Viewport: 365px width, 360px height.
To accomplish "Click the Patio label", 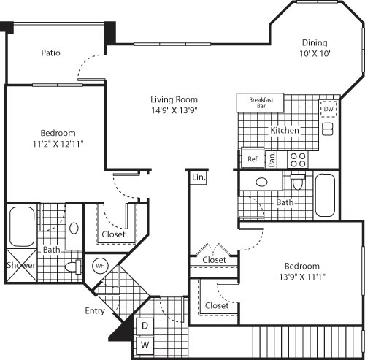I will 50,53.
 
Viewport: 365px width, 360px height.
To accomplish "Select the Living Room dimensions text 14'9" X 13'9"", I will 174,110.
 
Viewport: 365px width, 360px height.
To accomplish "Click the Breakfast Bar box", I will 261,102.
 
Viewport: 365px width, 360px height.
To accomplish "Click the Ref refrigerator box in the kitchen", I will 252,158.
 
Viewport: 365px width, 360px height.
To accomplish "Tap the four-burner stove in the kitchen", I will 298,158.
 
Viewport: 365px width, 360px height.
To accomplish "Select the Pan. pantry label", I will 271,159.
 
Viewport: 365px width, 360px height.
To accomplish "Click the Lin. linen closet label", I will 198,177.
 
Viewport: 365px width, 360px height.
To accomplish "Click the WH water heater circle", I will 100,266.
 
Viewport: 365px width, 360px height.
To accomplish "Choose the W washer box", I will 145,344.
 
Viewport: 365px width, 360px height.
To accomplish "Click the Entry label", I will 95,310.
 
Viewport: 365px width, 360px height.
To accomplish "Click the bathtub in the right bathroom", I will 326,195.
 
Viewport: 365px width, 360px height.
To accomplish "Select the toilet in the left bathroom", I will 74,267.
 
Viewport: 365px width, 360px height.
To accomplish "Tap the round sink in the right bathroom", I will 261,182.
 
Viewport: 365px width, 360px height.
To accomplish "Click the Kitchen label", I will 285,130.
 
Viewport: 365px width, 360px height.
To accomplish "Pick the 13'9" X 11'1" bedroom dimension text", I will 301,277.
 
